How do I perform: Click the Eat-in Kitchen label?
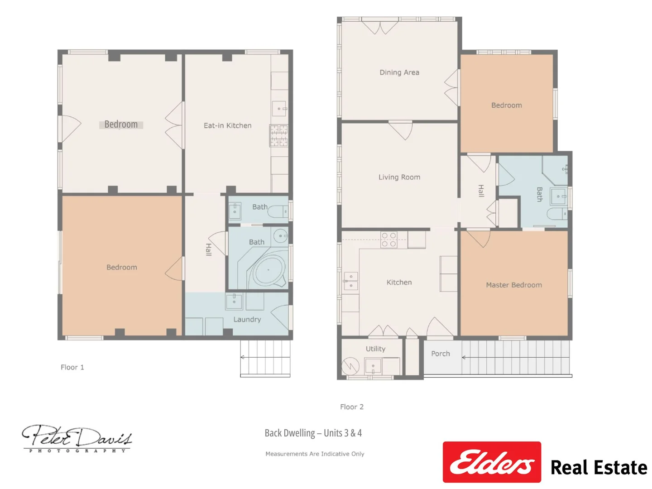(227, 125)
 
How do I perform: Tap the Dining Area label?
(399, 72)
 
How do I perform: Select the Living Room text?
(399, 177)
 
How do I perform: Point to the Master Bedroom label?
(513, 285)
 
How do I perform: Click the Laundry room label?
(247, 319)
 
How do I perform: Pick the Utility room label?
(375, 349)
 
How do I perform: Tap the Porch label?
(440, 354)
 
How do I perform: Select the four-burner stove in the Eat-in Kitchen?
(278, 136)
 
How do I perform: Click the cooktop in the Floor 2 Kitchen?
(388, 240)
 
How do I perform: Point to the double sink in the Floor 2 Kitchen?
(350, 281)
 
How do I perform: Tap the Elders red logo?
(492, 462)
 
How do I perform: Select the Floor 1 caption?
(72, 367)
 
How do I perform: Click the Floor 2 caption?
(352, 407)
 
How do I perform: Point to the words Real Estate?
(599, 467)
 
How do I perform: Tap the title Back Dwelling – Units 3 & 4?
(313, 433)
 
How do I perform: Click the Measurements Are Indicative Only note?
(315, 454)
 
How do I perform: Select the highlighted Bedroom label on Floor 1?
(121, 125)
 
